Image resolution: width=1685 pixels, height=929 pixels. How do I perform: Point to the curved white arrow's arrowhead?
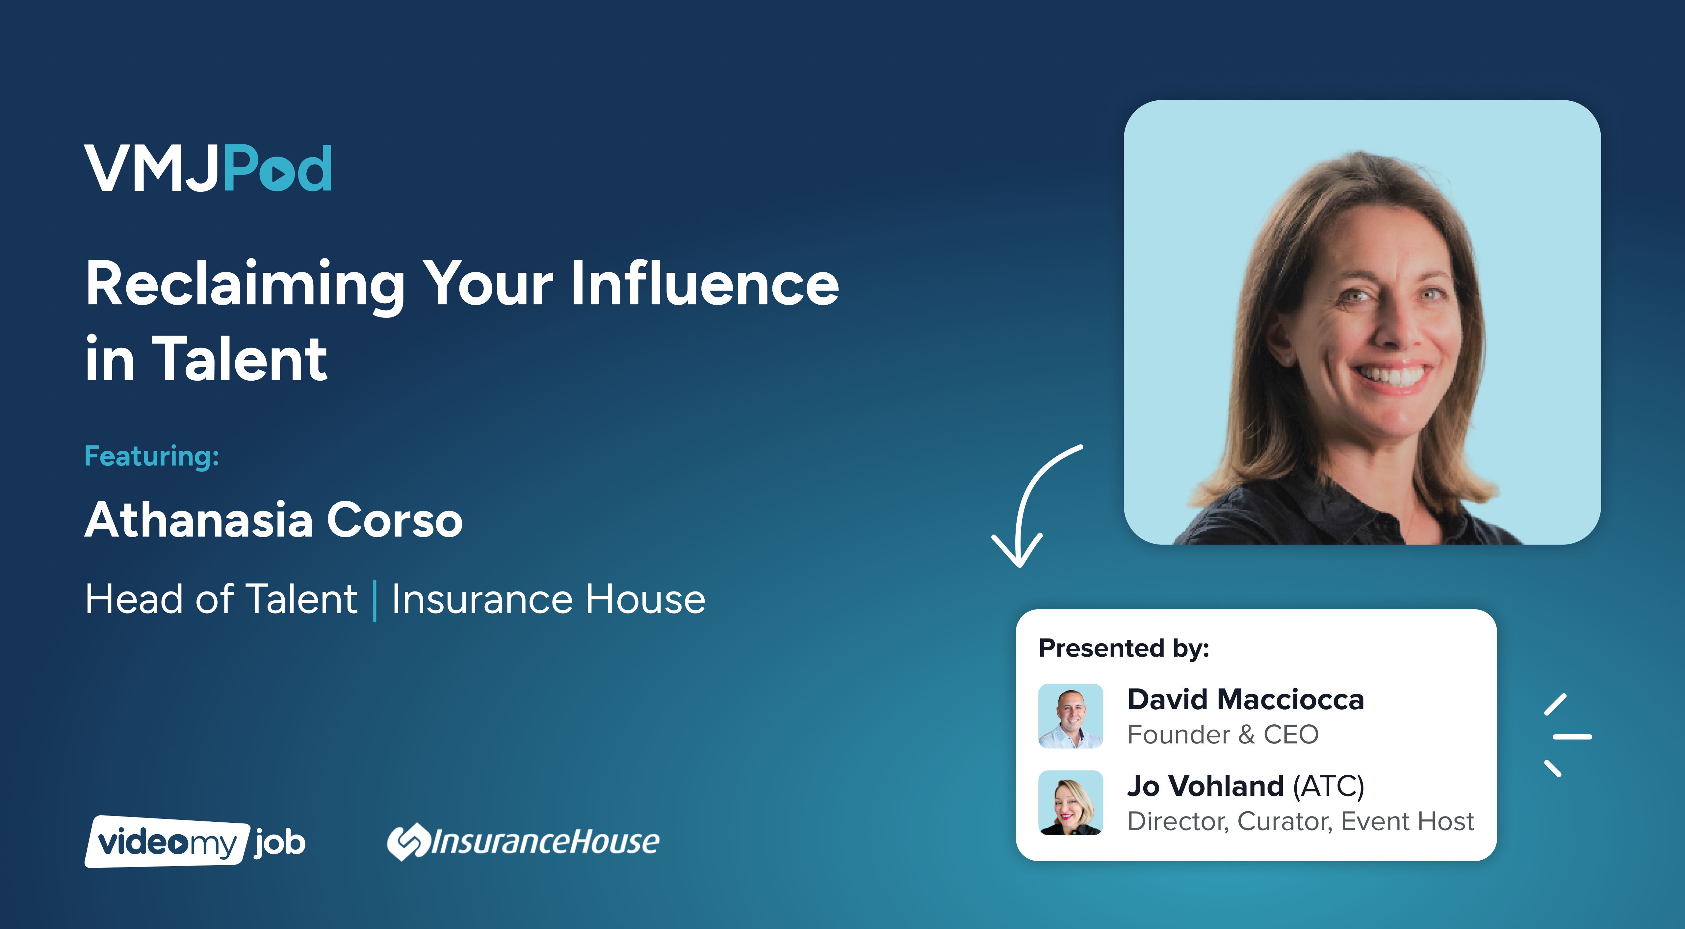[1017, 550]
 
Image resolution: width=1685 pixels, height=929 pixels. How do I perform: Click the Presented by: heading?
[1124, 648]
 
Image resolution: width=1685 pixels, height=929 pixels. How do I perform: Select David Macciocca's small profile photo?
[1071, 716]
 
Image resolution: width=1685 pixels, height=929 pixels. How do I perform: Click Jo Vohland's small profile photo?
[1071, 803]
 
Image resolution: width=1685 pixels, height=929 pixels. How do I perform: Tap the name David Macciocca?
[1245, 699]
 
